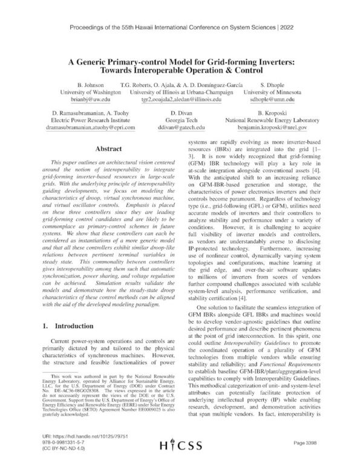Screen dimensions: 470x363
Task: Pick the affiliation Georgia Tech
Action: pos(181,121)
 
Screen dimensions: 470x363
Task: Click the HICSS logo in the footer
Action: pos(181,448)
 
